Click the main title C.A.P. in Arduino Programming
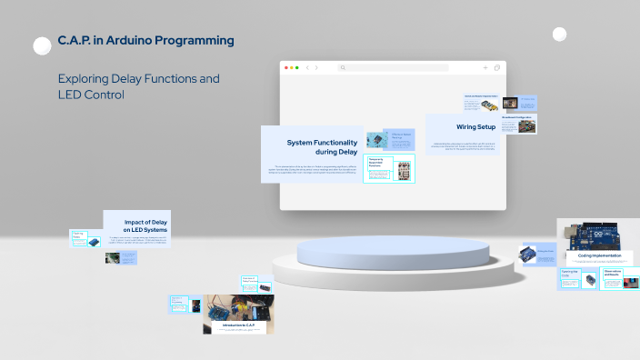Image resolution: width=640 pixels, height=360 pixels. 145,41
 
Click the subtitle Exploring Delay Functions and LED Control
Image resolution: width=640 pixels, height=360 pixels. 138,86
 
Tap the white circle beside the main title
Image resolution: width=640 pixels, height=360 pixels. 42,46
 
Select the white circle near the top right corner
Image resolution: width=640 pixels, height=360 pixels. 559,35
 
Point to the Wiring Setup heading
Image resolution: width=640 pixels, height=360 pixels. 475,127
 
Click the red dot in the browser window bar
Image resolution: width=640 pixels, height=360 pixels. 287,67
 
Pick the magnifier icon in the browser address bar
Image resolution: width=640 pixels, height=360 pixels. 343,67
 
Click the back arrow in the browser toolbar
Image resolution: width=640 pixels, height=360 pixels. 307,67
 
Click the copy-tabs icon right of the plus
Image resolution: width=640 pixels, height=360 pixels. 497,67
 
